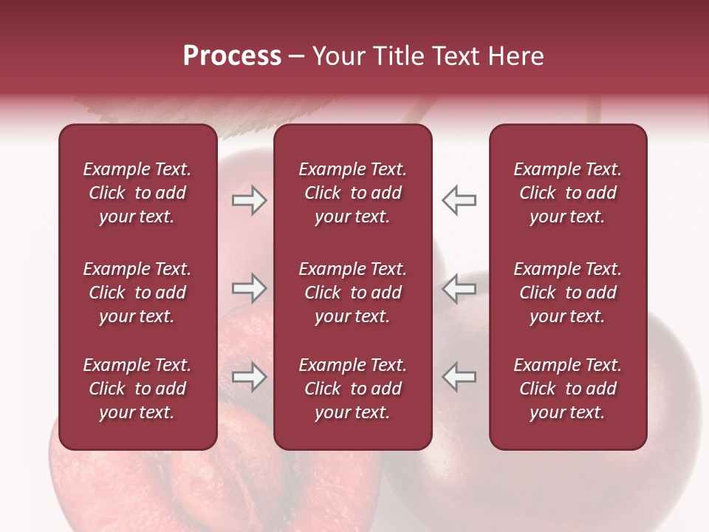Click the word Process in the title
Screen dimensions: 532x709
pyautogui.click(x=232, y=56)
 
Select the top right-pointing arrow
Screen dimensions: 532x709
pyautogui.click(x=250, y=200)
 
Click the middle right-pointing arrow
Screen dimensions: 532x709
pyautogui.click(x=250, y=288)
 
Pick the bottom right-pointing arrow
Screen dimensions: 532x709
pyautogui.click(x=250, y=376)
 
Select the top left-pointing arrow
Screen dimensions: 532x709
pyautogui.click(x=459, y=200)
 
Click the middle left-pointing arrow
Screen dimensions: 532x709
pyautogui.click(x=459, y=288)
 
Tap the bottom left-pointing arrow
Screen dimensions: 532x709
pyautogui.click(x=459, y=376)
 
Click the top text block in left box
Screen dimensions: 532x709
pyautogui.click(x=137, y=193)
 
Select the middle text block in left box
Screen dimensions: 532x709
pyautogui.click(x=137, y=293)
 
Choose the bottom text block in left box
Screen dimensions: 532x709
pyautogui.click(x=137, y=389)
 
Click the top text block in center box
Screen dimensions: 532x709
pyautogui.click(x=352, y=193)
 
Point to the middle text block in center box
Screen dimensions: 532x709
pyautogui.click(x=352, y=293)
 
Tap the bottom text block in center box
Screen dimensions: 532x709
pyautogui.click(x=352, y=389)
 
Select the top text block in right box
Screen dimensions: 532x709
pyautogui.click(x=567, y=193)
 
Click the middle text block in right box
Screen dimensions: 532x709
pyautogui.click(x=567, y=293)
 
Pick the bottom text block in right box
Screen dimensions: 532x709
pyautogui.click(x=567, y=389)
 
